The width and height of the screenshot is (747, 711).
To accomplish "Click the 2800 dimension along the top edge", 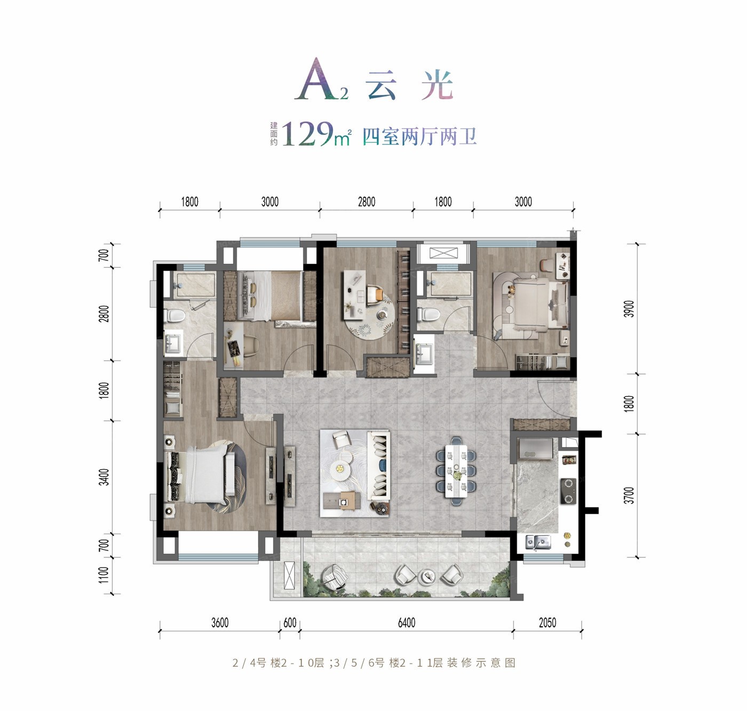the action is tap(367, 202).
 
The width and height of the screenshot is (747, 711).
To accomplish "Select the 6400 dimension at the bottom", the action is tap(407, 623).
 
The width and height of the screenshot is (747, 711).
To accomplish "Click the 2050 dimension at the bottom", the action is tap(547, 623).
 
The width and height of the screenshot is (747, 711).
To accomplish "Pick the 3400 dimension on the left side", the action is tap(105, 477).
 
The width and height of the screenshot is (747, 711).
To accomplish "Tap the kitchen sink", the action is tap(538, 541).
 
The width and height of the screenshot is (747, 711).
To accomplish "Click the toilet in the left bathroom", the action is tap(174, 315).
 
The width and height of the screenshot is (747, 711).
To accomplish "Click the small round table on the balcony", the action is tap(428, 576).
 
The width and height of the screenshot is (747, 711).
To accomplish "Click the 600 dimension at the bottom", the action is tap(290, 623).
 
